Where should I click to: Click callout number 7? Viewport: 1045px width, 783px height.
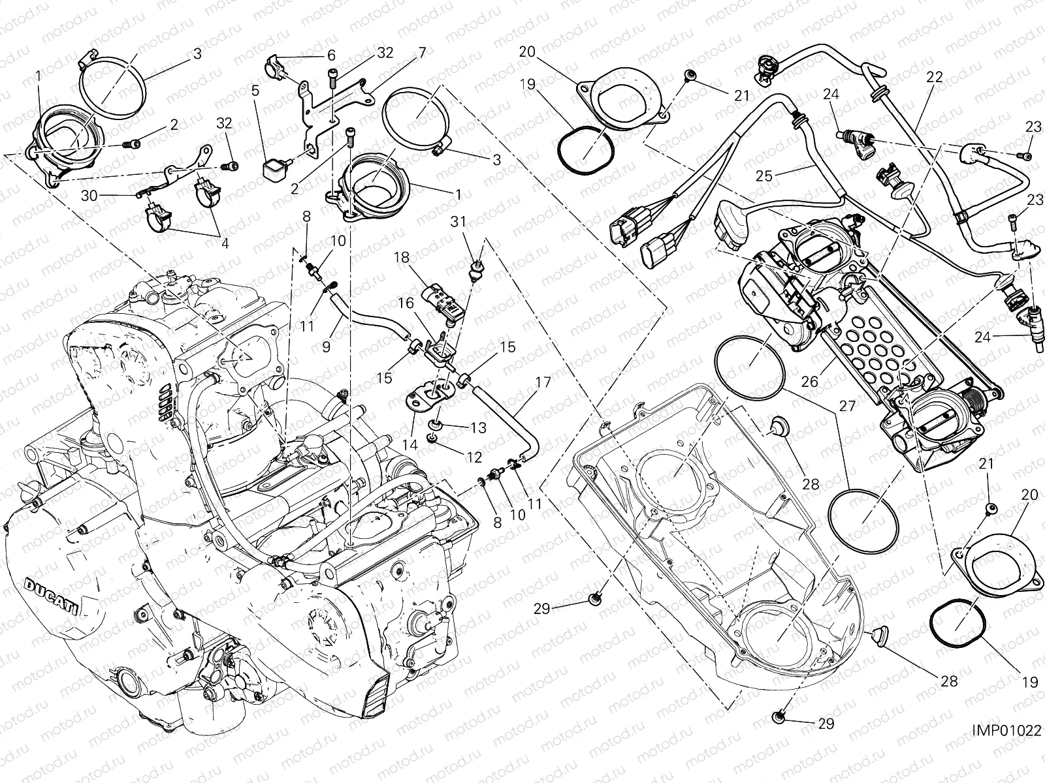point(422,52)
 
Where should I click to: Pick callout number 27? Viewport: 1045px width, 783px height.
point(847,406)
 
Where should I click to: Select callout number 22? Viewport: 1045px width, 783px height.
point(935,76)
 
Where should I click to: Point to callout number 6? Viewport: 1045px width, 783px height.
point(331,55)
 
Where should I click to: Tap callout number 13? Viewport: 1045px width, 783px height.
point(479,427)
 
